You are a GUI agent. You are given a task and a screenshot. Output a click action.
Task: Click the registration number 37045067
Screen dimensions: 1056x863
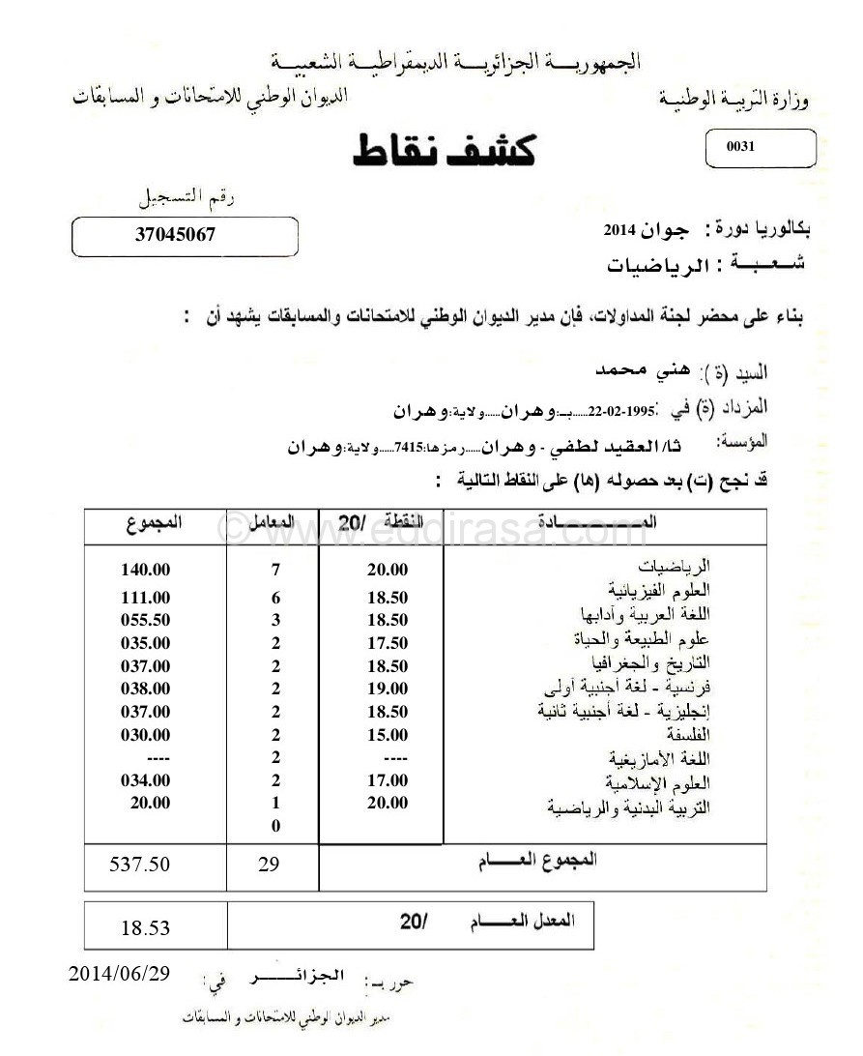(x=175, y=234)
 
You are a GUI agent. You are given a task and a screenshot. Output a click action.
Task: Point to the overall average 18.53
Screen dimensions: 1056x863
(x=146, y=928)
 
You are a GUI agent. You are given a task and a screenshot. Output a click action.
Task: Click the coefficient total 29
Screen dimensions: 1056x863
(x=269, y=865)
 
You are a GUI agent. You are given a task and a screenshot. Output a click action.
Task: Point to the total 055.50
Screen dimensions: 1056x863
(x=146, y=620)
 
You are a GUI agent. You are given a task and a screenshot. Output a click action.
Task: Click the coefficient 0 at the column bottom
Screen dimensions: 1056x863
(x=275, y=826)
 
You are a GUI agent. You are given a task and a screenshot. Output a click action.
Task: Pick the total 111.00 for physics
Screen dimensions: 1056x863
(x=146, y=598)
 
